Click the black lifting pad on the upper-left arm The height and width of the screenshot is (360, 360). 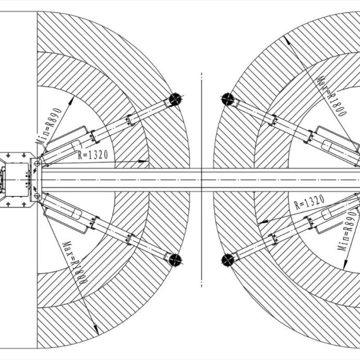[x=175, y=99]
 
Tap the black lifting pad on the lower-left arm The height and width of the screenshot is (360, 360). [x=175, y=260]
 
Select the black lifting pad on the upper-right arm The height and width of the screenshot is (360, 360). [x=228, y=99]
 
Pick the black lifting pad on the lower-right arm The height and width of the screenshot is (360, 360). [x=228, y=260]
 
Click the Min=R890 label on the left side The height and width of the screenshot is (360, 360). [x=49, y=126]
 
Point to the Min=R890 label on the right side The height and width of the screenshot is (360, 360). [x=347, y=231]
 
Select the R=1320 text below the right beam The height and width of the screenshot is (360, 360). [x=309, y=202]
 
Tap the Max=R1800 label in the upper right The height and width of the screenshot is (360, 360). [x=331, y=96]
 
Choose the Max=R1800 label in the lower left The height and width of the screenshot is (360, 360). [x=75, y=262]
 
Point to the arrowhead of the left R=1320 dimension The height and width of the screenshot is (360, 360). [x=143, y=161]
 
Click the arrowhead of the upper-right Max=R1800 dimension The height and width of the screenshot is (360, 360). [x=286, y=41]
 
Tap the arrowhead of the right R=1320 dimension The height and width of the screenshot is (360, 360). [x=263, y=222]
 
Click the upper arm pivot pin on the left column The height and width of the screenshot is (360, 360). [x=37, y=163]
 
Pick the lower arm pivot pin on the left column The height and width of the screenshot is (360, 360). [x=37, y=196]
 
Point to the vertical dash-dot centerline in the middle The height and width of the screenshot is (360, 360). [x=201, y=180]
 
